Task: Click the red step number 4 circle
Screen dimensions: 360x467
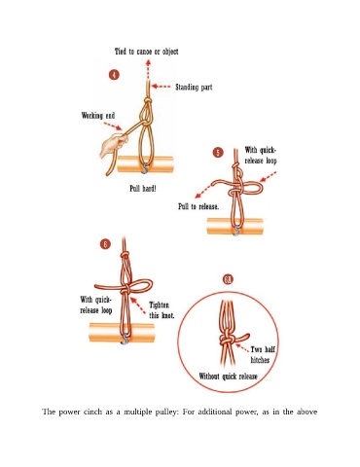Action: pyautogui.click(x=114, y=75)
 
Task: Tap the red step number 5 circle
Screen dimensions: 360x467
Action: pyautogui.click(x=218, y=152)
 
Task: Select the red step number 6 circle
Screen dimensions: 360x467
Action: pyautogui.click(x=105, y=244)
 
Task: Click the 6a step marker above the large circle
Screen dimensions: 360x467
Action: pyautogui.click(x=229, y=279)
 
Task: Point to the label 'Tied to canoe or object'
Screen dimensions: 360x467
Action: pyautogui.click(x=147, y=52)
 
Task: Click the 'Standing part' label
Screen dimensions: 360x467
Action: pyautogui.click(x=194, y=87)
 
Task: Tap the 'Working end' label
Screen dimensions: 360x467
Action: pyautogui.click(x=98, y=116)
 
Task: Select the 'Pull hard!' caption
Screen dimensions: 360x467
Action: pyautogui.click(x=143, y=189)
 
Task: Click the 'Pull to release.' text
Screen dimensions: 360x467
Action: pyautogui.click(x=198, y=206)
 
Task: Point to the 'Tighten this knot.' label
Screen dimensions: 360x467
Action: pyautogui.click(x=162, y=310)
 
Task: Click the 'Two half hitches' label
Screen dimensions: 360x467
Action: pyautogui.click(x=262, y=354)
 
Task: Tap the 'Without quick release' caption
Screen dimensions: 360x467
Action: pyautogui.click(x=228, y=377)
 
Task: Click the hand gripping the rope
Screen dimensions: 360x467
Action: pyautogui.click(x=112, y=146)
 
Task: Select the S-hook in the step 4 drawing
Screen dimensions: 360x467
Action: pyautogui.click(x=145, y=167)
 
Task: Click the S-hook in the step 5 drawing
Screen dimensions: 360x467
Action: pyautogui.click(x=236, y=230)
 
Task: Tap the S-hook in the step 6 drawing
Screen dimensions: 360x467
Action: pyautogui.click(x=125, y=339)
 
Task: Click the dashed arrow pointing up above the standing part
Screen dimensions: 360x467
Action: pyautogui.click(x=148, y=70)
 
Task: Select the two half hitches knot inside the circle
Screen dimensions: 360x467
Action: pyautogui.click(x=227, y=340)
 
